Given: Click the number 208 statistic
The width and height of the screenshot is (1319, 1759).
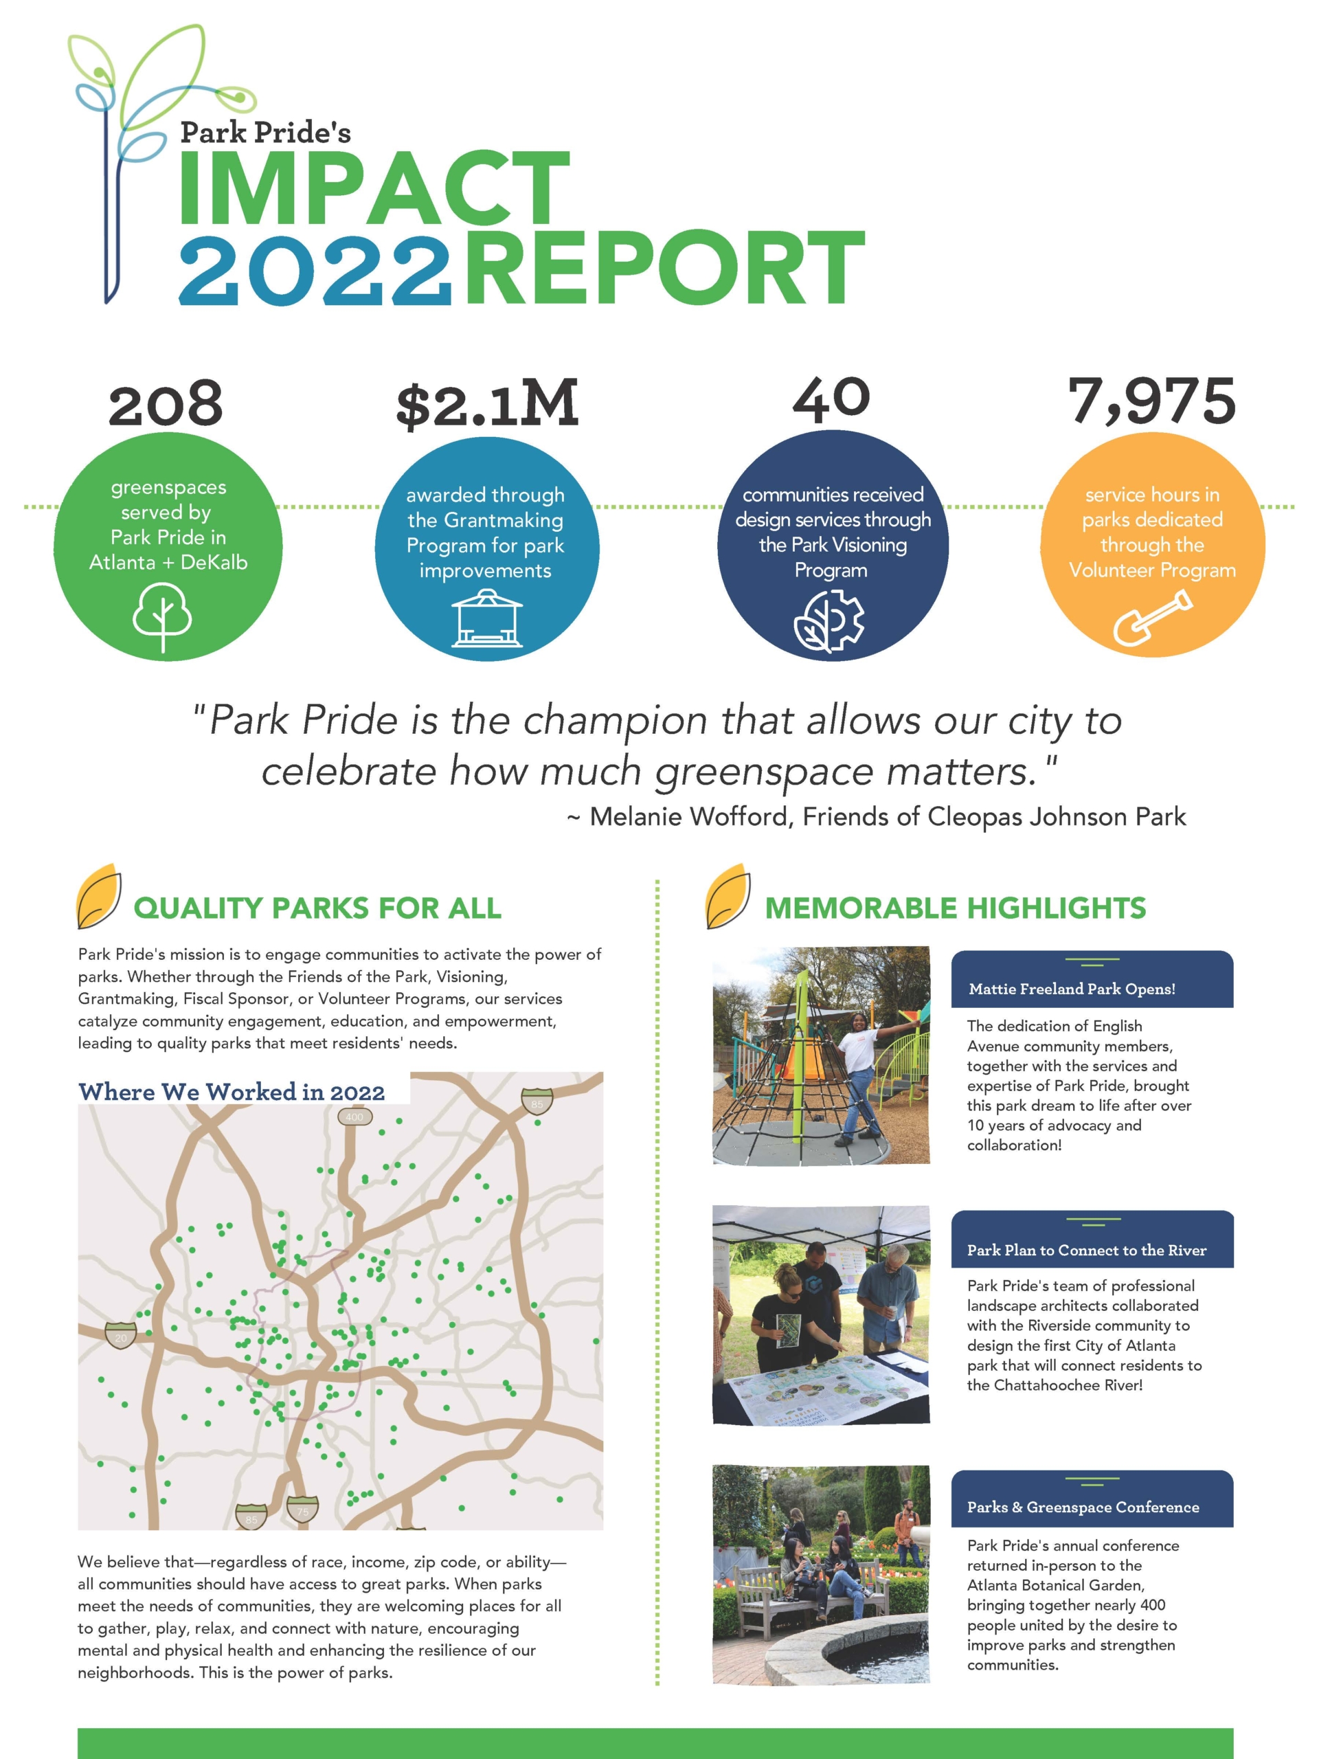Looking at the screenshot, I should click(166, 403).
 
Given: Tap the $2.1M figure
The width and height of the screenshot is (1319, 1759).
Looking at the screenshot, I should click(486, 403).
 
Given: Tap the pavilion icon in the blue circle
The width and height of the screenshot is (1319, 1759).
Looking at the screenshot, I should click(486, 618).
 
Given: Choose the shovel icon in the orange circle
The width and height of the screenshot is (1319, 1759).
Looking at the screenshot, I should click(1152, 618).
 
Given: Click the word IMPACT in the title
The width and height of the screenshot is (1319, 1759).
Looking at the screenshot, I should click(374, 188).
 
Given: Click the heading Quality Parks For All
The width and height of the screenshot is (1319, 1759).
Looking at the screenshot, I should click(317, 908).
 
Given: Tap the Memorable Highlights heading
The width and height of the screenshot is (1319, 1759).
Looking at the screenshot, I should click(955, 908).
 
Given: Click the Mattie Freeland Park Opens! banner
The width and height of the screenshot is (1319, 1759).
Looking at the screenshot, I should click(1072, 989).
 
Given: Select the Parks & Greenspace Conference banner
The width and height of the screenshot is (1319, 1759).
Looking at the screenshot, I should click(1083, 1507).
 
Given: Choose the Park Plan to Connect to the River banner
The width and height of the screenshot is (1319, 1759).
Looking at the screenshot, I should click(1086, 1250).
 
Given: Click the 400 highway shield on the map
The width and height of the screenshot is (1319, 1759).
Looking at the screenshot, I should click(354, 1117).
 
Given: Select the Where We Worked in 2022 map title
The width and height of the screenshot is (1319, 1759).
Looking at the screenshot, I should click(232, 1092).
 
